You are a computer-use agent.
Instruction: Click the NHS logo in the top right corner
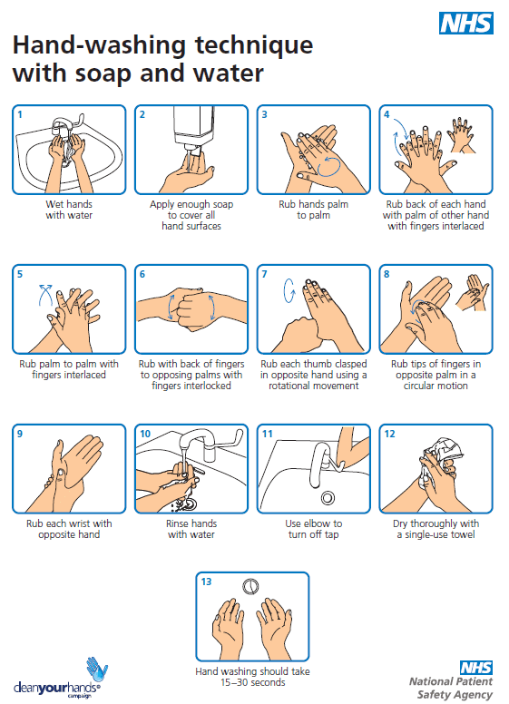[x=465, y=23]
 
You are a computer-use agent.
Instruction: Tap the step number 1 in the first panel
[x=20, y=114]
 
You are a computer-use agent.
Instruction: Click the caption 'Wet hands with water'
[x=69, y=210]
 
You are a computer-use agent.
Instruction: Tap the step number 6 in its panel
[x=142, y=274]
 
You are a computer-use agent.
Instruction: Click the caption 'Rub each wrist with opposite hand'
[x=69, y=529]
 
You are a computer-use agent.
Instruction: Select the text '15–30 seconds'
[x=252, y=682]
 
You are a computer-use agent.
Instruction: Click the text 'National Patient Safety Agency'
[x=450, y=687]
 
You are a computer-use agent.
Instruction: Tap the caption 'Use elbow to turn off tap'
[x=313, y=529]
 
